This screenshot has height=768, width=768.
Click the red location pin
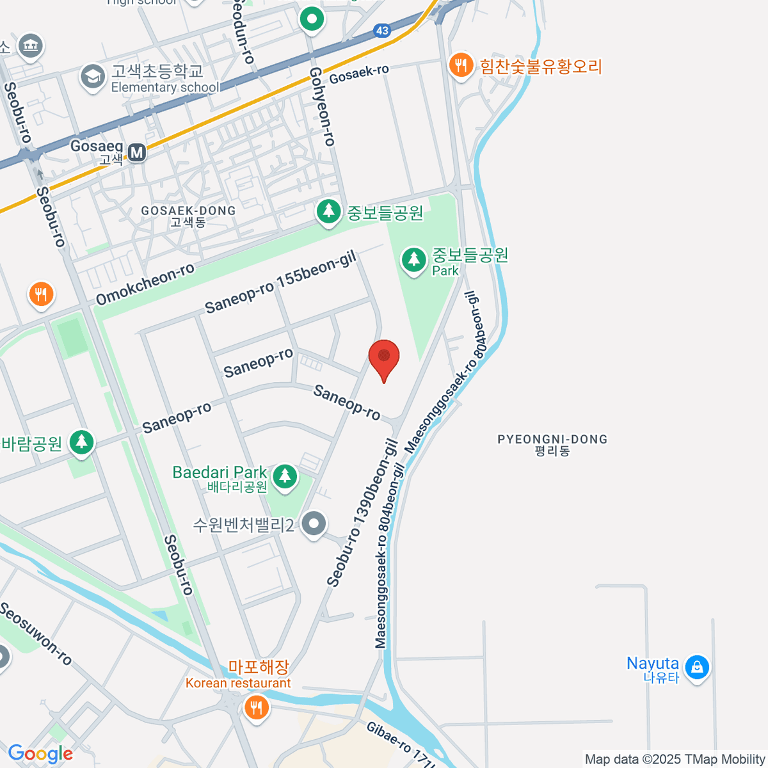click(384, 358)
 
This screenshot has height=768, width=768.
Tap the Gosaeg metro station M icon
click(137, 152)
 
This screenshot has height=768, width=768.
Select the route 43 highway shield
click(382, 30)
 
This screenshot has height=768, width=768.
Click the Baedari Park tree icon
click(285, 476)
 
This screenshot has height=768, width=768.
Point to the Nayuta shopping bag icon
click(696, 667)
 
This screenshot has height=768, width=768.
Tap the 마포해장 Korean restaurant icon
click(256, 708)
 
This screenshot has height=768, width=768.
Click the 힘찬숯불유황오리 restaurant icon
click(461, 65)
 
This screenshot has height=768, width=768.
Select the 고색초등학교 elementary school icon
click(93, 77)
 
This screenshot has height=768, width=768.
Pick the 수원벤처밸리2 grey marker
click(314, 524)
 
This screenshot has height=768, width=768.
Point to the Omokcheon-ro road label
click(145, 284)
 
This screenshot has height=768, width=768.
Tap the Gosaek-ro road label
click(359, 74)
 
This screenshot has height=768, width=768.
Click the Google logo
click(40, 754)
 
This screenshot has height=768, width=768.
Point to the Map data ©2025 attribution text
click(675, 760)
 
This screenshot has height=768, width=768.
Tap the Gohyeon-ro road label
click(323, 107)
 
